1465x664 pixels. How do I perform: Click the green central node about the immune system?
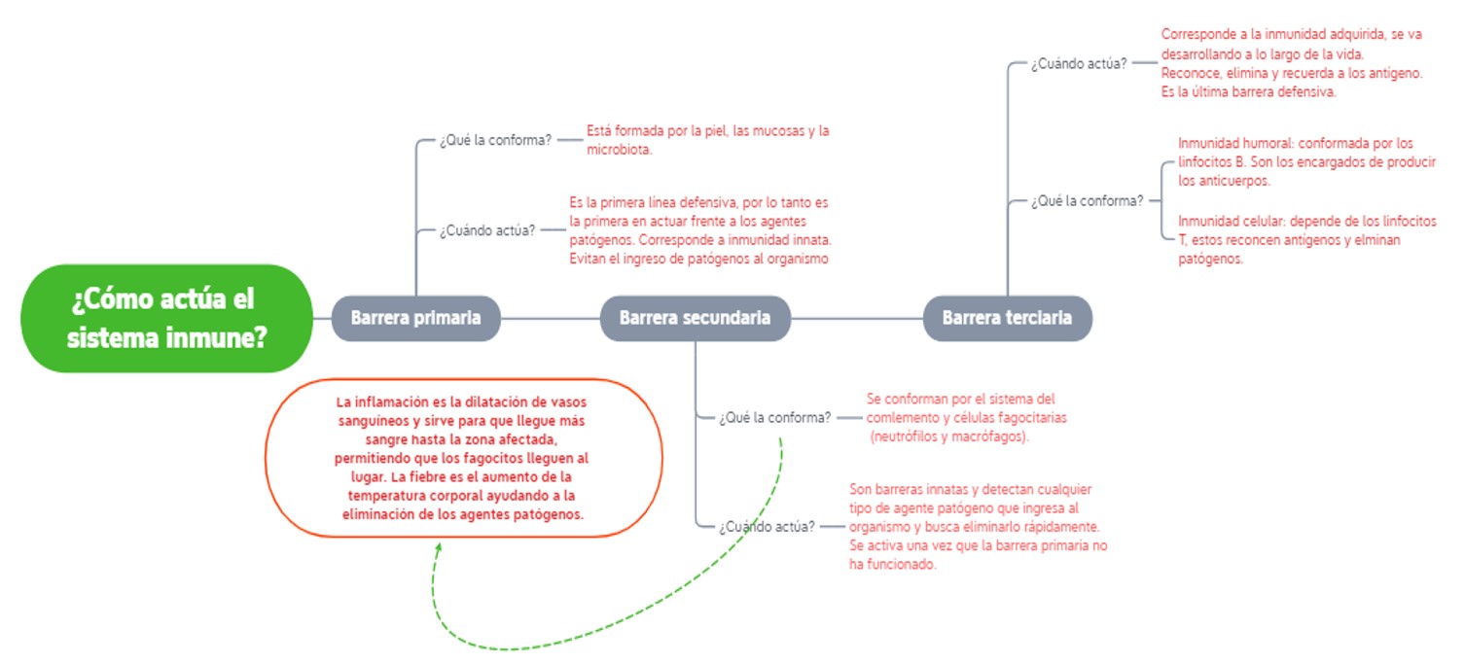[x=166, y=318]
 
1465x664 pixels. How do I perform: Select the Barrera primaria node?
[x=416, y=318]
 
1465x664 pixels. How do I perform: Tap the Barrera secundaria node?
[x=696, y=318]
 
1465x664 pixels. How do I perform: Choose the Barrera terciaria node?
[x=1007, y=318]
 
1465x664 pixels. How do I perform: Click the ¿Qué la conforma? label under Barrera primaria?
[x=495, y=141]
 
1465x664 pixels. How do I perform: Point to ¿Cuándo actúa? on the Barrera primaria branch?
[x=487, y=230]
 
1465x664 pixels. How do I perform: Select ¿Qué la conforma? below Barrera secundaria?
[x=775, y=418]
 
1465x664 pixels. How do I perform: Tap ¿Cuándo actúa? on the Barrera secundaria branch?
[x=768, y=527]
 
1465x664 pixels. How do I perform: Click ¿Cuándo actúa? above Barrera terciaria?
[x=1079, y=64]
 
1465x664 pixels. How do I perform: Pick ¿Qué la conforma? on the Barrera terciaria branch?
[x=1087, y=201]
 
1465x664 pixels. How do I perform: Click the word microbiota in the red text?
[x=619, y=150]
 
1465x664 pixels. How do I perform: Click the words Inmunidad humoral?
[x=1234, y=143]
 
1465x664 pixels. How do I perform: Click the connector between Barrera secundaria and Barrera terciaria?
[x=857, y=318]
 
